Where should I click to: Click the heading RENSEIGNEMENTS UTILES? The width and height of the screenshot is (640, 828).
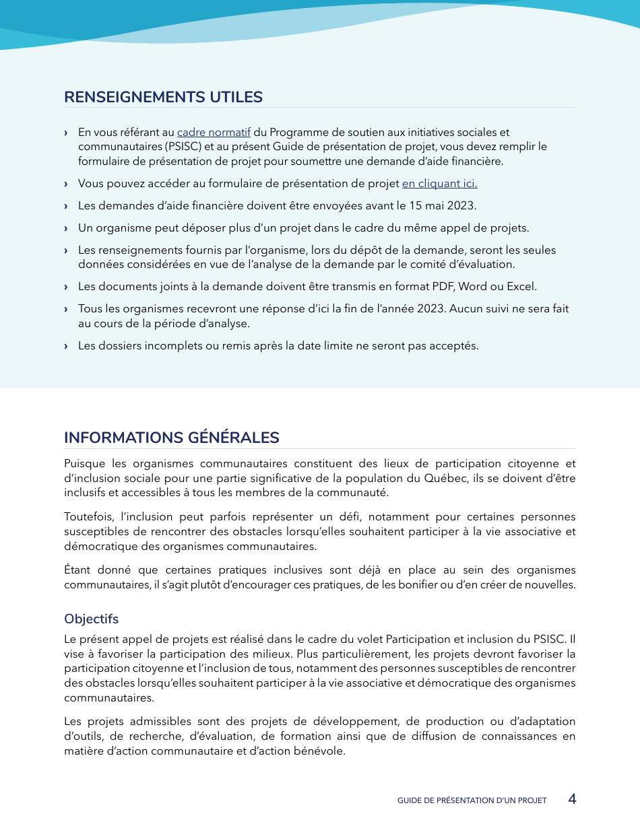(163, 97)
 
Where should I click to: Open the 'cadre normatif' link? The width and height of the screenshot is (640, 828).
(214, 133)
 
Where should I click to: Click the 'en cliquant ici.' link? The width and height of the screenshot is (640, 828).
(439, 184)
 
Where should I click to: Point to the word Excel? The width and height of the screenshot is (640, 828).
(521, 286)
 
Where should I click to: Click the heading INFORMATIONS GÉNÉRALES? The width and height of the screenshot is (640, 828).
(171, 438)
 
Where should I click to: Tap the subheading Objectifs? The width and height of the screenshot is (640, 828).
(91, 619)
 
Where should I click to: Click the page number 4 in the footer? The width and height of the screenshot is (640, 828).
(572, 799)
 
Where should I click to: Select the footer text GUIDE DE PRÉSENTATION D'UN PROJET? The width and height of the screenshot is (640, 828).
(472, 800)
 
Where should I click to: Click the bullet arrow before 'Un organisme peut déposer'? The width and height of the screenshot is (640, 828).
(66, 228)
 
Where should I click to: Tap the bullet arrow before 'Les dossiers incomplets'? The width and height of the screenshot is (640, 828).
(66, 346)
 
